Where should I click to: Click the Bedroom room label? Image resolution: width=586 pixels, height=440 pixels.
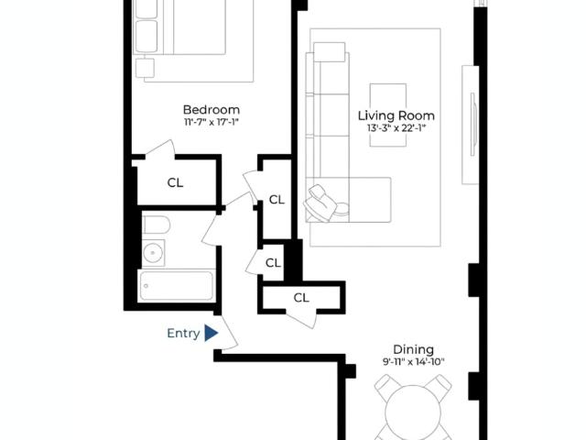pos(212,110)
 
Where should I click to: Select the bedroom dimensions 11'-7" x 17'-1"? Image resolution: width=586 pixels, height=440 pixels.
pos(212,122)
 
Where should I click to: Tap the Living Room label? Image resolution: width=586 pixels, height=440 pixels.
pos(396,115)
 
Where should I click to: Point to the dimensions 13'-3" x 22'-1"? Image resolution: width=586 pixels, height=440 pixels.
pos(396,128)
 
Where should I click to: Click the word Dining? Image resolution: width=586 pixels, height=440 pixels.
pos(413,349)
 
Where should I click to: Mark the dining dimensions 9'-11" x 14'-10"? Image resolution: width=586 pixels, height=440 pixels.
pos(413,362)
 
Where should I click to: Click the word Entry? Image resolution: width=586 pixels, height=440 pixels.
pos(183,333)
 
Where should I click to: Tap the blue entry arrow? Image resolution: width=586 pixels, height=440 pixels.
pos(211,333)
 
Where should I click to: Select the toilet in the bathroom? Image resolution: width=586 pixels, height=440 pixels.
pos(157,225)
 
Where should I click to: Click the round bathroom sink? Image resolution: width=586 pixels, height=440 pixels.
pos(153,253)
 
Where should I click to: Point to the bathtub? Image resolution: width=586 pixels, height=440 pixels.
pos(177,285)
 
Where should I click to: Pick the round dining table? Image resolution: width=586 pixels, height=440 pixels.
pos(413,412)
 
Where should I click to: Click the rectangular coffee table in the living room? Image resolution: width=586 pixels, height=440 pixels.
pos(388,115)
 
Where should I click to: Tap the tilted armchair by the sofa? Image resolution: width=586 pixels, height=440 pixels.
pos(320,203)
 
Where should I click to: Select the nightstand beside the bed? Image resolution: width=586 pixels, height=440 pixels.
pos(145,68)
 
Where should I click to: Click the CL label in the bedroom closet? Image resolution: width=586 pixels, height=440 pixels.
pos(175,182)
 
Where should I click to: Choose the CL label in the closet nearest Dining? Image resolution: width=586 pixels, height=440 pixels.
pos(301,298)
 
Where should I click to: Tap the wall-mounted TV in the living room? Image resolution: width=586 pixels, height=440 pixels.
pos(473,125)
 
